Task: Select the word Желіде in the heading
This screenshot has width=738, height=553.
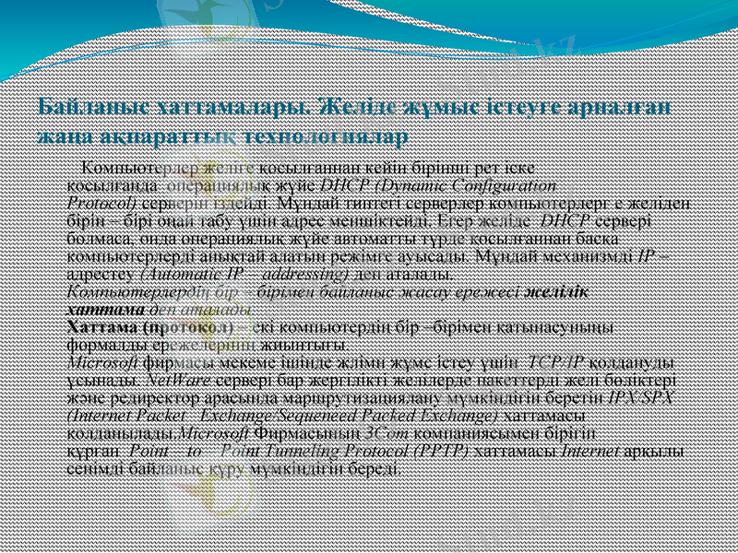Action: point(355,108)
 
